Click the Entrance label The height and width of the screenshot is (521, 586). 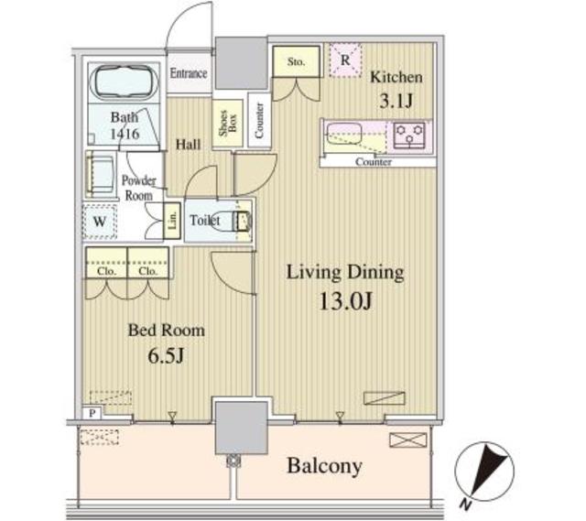click(x=189, y=73)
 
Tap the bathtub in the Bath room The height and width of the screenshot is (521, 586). click(x=125, y=81)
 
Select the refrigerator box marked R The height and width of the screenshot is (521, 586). click(x=345, y=60)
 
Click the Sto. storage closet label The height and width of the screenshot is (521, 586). click(x=296, y=61)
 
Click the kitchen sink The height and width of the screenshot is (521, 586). click(x=344, y=134)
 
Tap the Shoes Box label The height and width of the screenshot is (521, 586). click(x=228, y=123)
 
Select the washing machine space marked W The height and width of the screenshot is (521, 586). click(x=100, y=222)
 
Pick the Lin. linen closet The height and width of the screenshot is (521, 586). click(x=172, y=221)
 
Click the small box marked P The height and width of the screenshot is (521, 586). click(x=92, y=413)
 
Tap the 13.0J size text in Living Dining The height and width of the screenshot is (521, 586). click(x=346, y=301)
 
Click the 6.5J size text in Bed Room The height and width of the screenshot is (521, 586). click(x=166, y=355)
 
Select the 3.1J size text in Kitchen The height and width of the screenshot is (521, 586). click(x=396, y=101)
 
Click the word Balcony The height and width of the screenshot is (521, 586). click(x=324, y=466)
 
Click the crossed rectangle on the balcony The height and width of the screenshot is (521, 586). click(x=407, y=440)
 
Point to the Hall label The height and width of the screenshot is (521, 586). click(x=188, y=145)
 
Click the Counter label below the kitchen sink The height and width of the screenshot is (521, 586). click(x=374, y=162)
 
